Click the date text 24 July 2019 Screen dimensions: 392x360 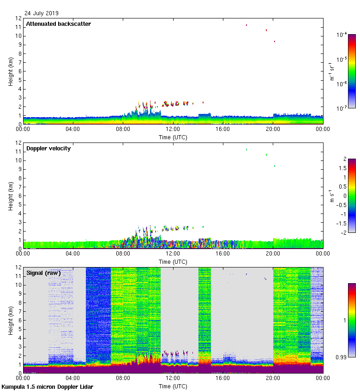pos(42,13)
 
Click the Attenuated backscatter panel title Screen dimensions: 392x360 pos(58,24)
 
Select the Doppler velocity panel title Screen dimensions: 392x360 pos(48,148)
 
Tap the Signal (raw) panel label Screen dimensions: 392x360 pos(43,273)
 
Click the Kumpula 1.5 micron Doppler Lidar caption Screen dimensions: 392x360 pos(47,386)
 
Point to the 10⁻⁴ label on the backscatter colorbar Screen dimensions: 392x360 pos(342,35)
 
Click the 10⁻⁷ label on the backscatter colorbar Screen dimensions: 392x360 pos(342,108)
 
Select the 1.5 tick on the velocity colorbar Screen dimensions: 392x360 pos(342,168)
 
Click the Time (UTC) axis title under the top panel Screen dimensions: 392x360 pos(173,137)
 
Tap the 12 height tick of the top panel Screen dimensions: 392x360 pos(18,18)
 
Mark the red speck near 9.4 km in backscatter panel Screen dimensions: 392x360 pos(275,42)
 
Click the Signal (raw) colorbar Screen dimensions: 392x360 pos(352,320)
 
